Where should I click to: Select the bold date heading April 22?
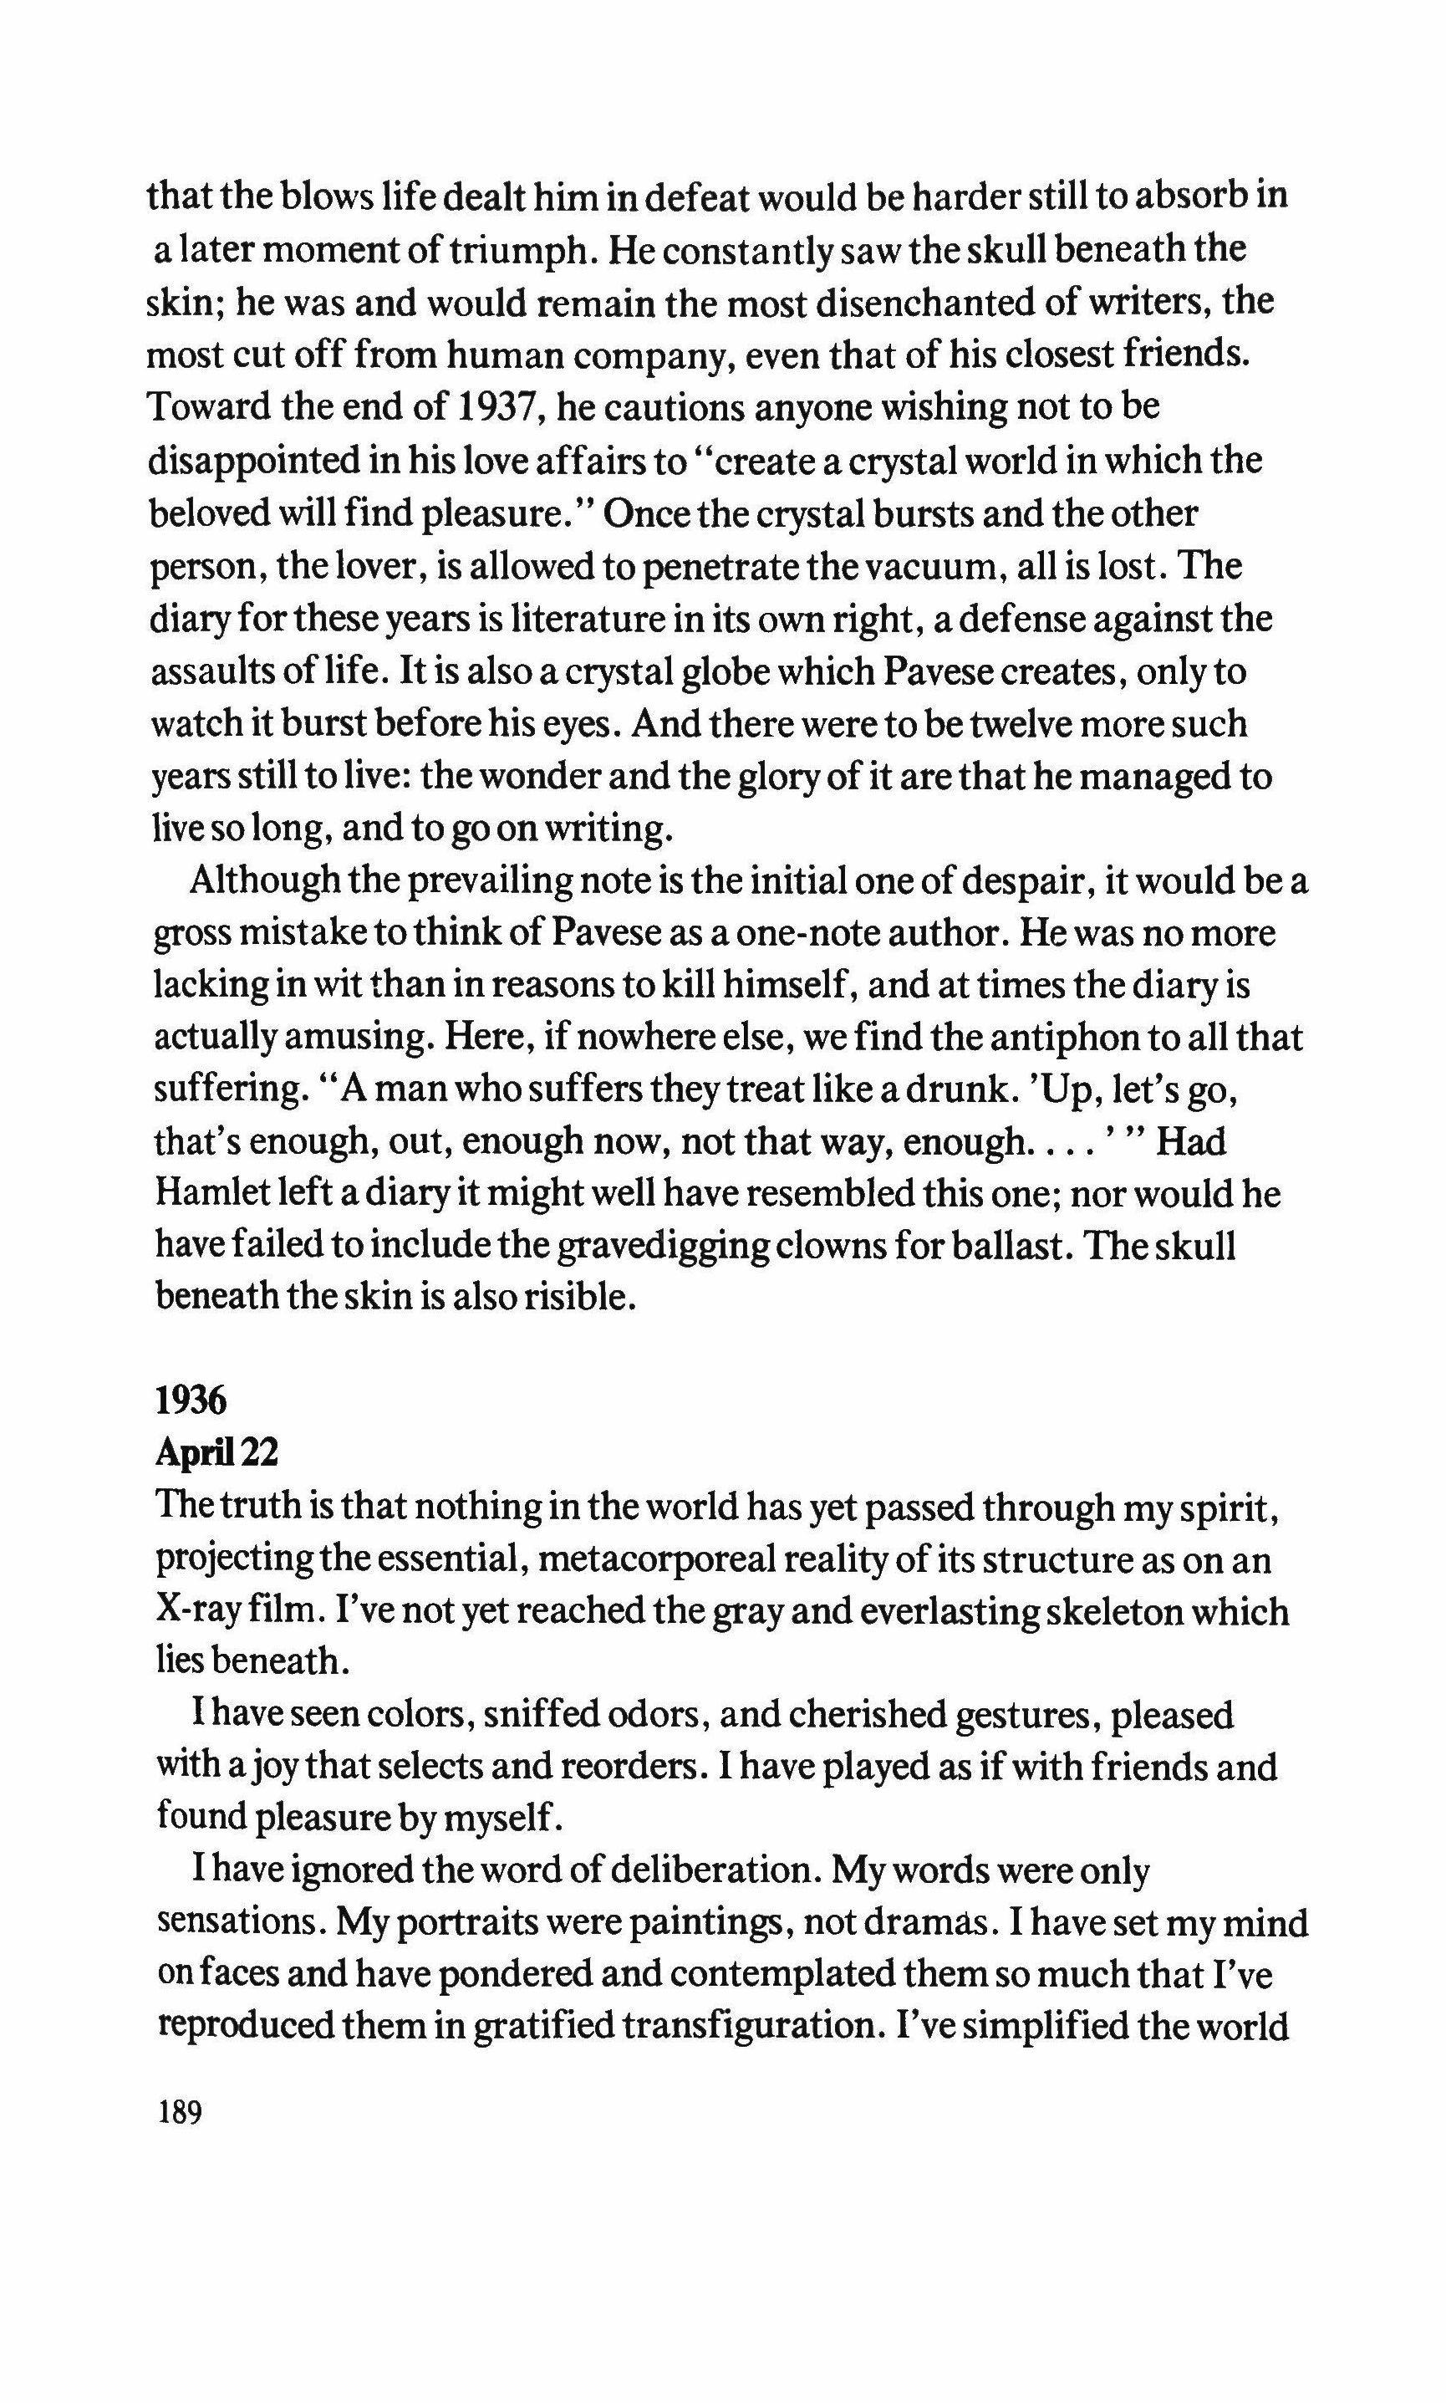point(216,1453)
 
